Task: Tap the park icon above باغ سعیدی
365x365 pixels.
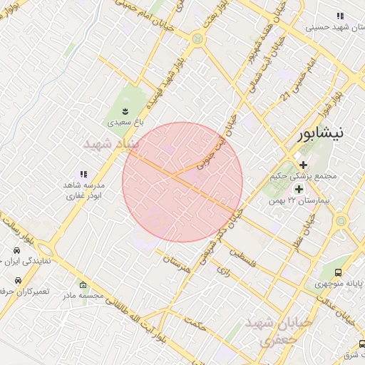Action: [125, 110]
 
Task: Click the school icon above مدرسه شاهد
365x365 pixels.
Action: [83, 174]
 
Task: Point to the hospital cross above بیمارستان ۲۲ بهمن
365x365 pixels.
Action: [299, 189]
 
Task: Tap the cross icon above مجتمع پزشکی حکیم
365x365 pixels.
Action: [303, 165]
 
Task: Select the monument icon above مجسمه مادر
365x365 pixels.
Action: [83, 284]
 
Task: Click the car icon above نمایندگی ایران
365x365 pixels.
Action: [16, 251]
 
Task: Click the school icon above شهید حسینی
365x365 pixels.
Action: [340, 16]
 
